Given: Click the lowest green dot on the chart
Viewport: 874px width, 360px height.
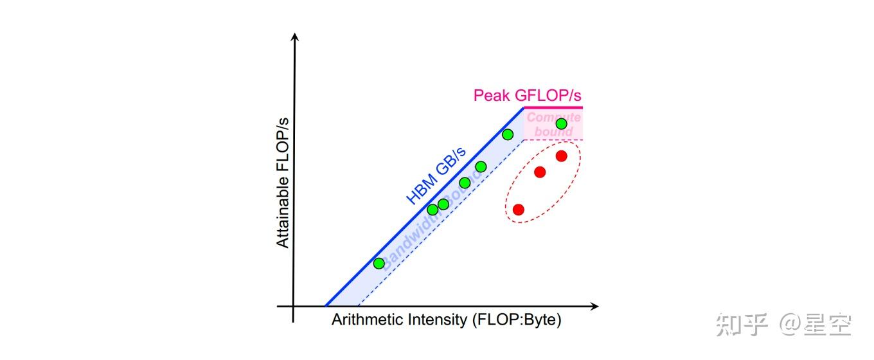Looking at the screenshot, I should coord(379,263).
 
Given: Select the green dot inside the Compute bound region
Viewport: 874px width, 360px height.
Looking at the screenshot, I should coord(561,123).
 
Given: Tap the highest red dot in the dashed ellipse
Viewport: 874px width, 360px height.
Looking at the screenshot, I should coord(561,156).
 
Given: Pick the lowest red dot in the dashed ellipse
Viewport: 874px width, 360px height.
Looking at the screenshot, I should coord(519,210).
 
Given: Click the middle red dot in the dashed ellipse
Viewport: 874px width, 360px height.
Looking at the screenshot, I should coord(540,172).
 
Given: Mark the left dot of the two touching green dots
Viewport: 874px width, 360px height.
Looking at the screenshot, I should coord(433,209).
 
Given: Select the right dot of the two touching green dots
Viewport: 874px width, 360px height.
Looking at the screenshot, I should coord(443,204).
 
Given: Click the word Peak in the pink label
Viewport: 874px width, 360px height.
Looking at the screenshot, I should coord(491,96).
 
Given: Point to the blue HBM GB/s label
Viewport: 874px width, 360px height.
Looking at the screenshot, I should coord(436,175).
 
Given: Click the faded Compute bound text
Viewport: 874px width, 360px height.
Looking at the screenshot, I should coord(553,125).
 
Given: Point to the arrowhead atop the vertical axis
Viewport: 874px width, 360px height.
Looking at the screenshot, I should coord(295,37).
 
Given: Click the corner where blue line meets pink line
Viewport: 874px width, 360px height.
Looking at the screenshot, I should coord(525,107).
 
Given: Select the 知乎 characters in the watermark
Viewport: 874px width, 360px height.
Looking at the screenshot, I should coord(742,325).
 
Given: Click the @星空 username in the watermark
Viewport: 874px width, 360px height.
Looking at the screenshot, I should coord(816,325).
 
